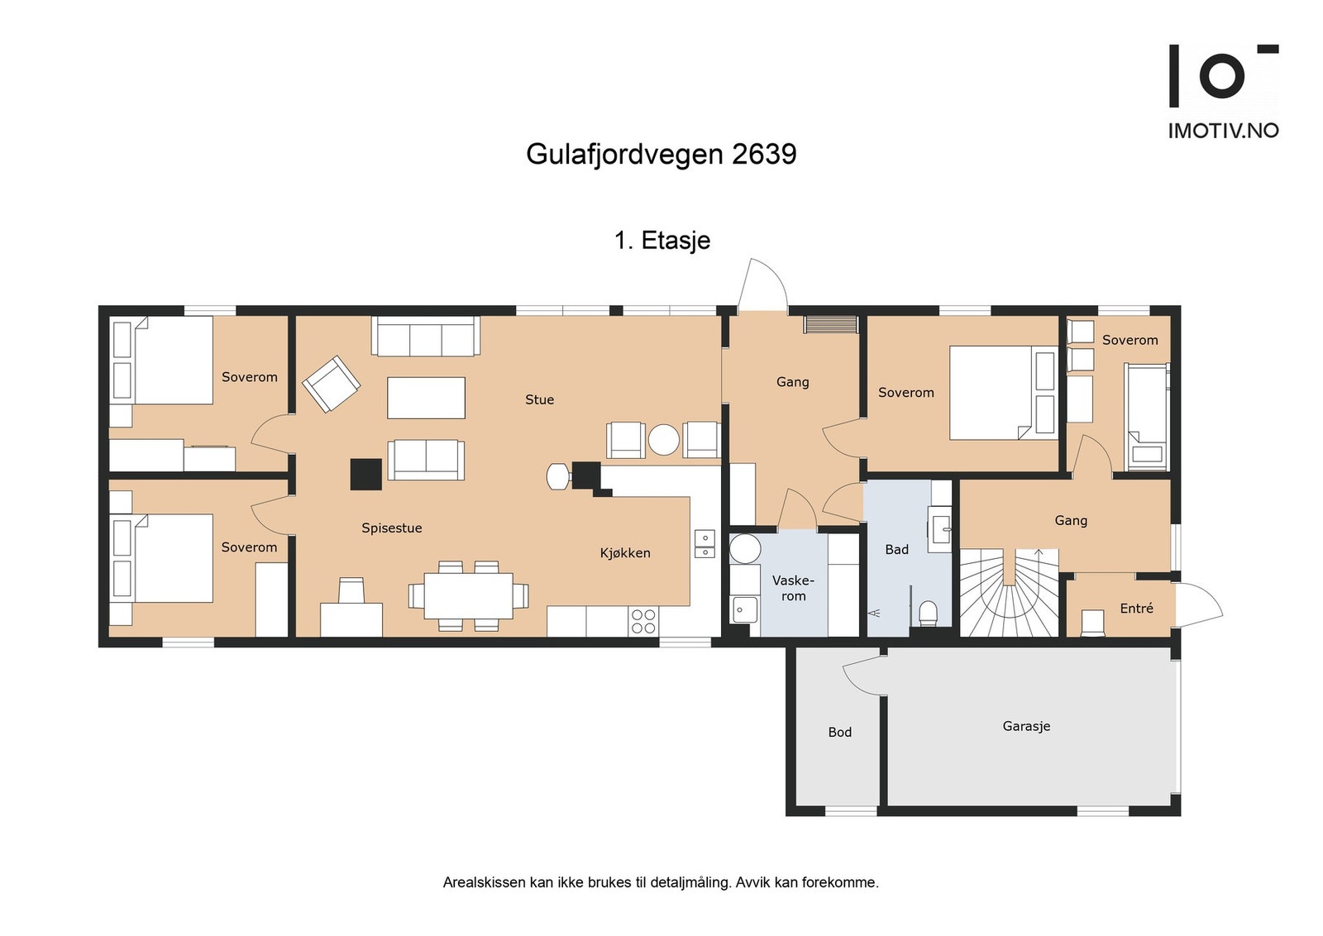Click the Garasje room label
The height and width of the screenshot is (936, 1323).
pyautogui.click(x=1026, y=726)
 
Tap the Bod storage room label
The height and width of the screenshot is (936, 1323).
pyautogui.click(x=839, y=732)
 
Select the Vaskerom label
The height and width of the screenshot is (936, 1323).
pyautogui.click(x=793, y=588)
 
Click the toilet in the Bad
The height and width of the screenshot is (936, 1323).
pyautogui.click(x=928, y=613)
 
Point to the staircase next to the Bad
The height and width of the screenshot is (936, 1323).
pyautogui.click(x=1009, y=593)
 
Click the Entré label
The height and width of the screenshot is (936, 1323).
pyautogui.click(x=1136, y=608)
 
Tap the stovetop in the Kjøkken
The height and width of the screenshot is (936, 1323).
pyautogui.click(x=643, y=622)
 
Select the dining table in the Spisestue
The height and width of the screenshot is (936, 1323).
pyautogui.click(x=468, y=595)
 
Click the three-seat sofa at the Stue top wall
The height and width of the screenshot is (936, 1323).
pyautogui.click(x=426, y=337)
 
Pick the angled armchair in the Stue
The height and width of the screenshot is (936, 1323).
pyautogui.click(x=331, y=384)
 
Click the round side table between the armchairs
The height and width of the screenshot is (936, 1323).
pyautogui.click(x=663, y=440)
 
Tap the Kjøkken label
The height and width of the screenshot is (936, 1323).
pyautogui.click(x=625, y=553)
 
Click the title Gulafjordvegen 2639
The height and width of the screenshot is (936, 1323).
pyautogui.click(x=661, y=154)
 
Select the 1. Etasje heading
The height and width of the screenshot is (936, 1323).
pyautogui.click(x=662, y=241)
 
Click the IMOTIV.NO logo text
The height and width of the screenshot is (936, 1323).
pyautogui.click(x=1223, y=131)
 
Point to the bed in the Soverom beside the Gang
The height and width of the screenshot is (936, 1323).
pyautogui.click(x=1002, y=393)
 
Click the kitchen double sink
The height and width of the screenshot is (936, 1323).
pyautogui.click(x=704, y=543)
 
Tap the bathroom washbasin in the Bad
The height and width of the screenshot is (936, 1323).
pyautogui.click(x=941, y=526)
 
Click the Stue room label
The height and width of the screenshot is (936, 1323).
pyautogui.click(x=539, y=399)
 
